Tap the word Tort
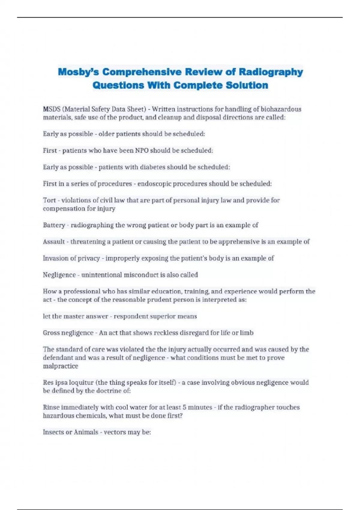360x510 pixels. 49,200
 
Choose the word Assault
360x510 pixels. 54,241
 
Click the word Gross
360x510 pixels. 51,333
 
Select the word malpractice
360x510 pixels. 60,366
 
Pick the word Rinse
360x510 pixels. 51,407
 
